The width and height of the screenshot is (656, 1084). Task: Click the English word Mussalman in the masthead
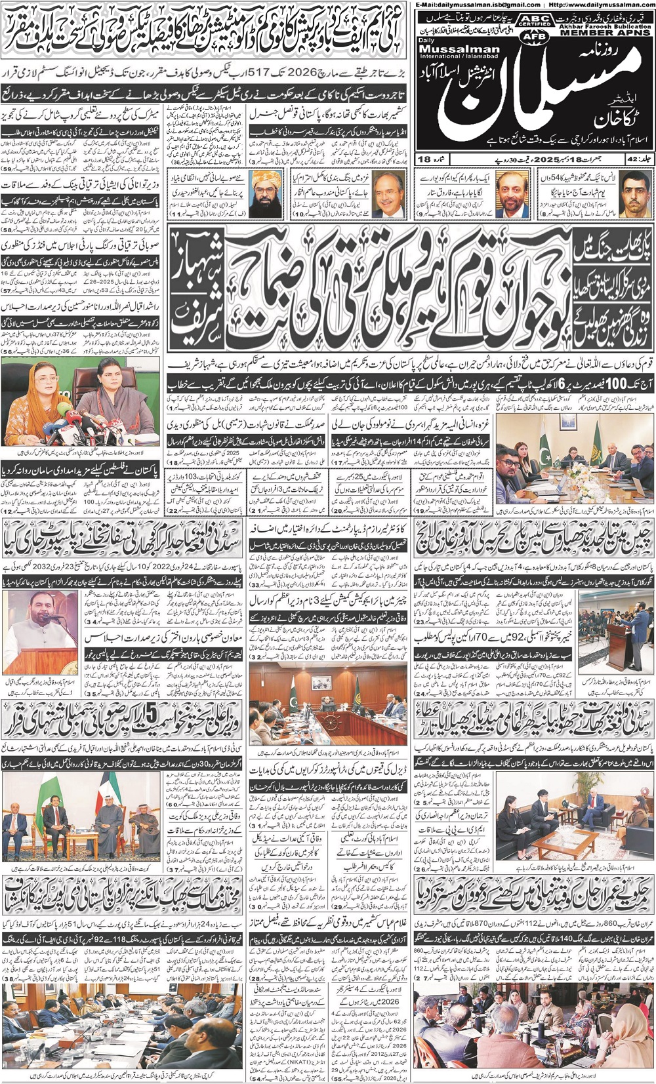click(459, 49)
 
